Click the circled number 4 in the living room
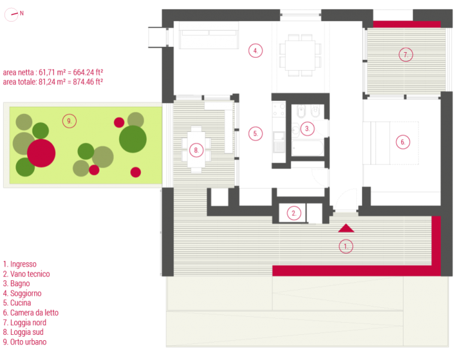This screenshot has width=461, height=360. tap(255, 50)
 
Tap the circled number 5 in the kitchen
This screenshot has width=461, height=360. tap(255, 134)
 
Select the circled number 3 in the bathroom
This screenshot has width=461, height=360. tap(308, 128)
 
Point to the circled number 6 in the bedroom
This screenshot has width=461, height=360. tap(403, 142)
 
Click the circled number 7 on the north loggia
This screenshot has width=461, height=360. tap(406, 55)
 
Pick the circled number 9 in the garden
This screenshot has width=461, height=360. tap(70, 121)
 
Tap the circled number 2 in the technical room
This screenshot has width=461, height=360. tap(294, 213)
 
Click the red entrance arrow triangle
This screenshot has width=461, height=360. tap(346, 229)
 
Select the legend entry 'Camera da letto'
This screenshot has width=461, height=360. tap(31, 313)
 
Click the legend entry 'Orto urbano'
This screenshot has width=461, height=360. tap(25, 342)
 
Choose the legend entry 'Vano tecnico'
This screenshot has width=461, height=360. tap(26, 274)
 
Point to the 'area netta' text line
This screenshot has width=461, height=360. tap(53, 73)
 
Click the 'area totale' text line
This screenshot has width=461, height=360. tap(53, 82)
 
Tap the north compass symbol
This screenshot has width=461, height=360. tap(11, 14)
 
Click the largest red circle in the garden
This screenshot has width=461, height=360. tap(41, 153)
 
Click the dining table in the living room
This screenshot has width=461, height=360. tap(300, 55)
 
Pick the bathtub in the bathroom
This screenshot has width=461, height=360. tap(308, 148)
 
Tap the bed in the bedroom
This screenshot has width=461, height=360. tap(391, 143)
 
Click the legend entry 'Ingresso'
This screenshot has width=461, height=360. tap(20, 264)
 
